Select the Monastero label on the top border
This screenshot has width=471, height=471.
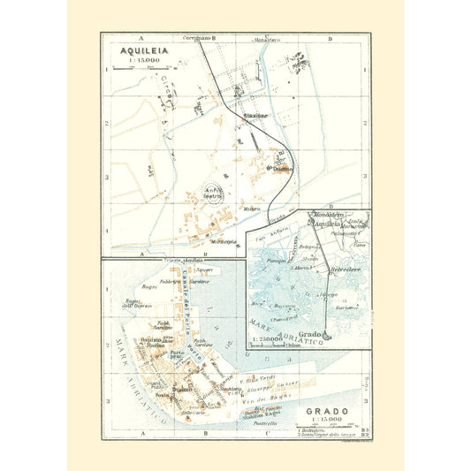[263, 39]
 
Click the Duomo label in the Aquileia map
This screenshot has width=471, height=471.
[282, 169]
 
